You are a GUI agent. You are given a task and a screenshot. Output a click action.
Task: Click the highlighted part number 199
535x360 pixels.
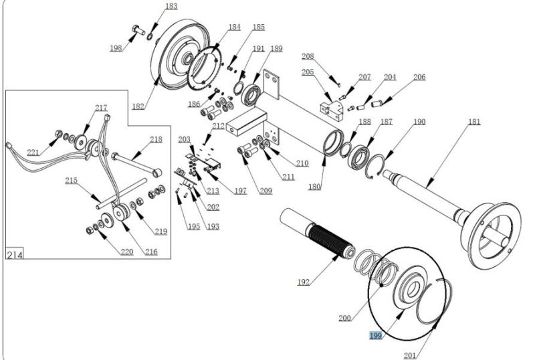coord(375,335)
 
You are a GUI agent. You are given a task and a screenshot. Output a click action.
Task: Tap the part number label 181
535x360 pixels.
coord(474,122)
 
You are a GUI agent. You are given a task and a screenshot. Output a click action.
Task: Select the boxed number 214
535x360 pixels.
coord(15,254)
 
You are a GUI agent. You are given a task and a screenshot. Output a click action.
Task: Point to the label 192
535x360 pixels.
coord(304,282)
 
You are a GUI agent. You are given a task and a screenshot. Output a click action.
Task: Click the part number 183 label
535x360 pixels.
coord(171,6)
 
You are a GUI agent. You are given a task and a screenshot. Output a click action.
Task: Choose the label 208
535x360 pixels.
coord(308,56)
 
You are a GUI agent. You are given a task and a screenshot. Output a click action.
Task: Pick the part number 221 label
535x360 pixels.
coord(33,153)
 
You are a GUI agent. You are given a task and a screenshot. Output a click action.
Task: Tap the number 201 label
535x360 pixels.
coord(410,355)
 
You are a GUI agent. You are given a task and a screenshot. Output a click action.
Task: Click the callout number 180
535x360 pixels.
coord(314,187)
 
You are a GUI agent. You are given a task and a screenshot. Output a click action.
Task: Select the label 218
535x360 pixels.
coord(156,139)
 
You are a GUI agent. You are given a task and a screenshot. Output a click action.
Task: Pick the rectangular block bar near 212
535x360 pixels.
coord(245,122)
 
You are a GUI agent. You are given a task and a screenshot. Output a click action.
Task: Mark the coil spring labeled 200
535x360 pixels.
coord(375,268)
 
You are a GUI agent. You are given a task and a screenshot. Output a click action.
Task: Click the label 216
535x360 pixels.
coord(151,252)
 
